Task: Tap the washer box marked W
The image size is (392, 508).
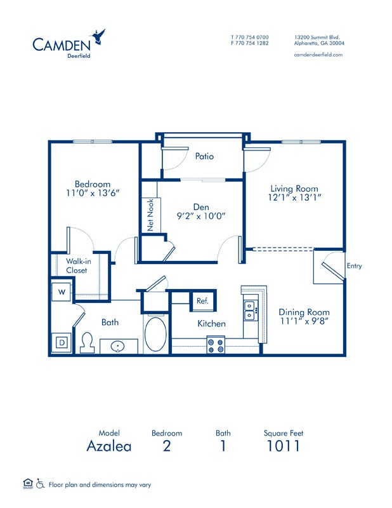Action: (x=61, y=292)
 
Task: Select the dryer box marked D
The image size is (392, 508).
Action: (x=62, y=342)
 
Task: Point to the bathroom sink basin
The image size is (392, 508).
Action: (x=119, y=347)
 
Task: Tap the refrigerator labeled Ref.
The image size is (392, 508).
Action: (x=203, y=301)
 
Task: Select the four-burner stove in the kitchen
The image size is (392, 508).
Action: (x=216, y=345)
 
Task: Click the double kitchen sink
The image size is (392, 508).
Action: (x=251, y=311)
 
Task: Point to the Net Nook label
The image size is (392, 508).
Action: (x=150, y=215)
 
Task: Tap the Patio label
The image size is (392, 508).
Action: (x=204, y=156)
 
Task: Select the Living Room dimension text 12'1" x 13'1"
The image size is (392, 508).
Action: (x=294, y=197)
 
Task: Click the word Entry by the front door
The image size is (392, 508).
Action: (x=354, y=266)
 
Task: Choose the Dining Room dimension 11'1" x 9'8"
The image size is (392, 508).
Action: (x=304, y=322)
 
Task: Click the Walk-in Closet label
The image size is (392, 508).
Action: (x=77, y=265)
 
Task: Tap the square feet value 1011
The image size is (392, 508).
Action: (x=284, y=446)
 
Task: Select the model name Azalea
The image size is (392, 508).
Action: (x=109, y=446)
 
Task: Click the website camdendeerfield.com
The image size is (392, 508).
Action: (x=318, y=55)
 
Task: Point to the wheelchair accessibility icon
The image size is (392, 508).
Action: (x=40, y=485)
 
